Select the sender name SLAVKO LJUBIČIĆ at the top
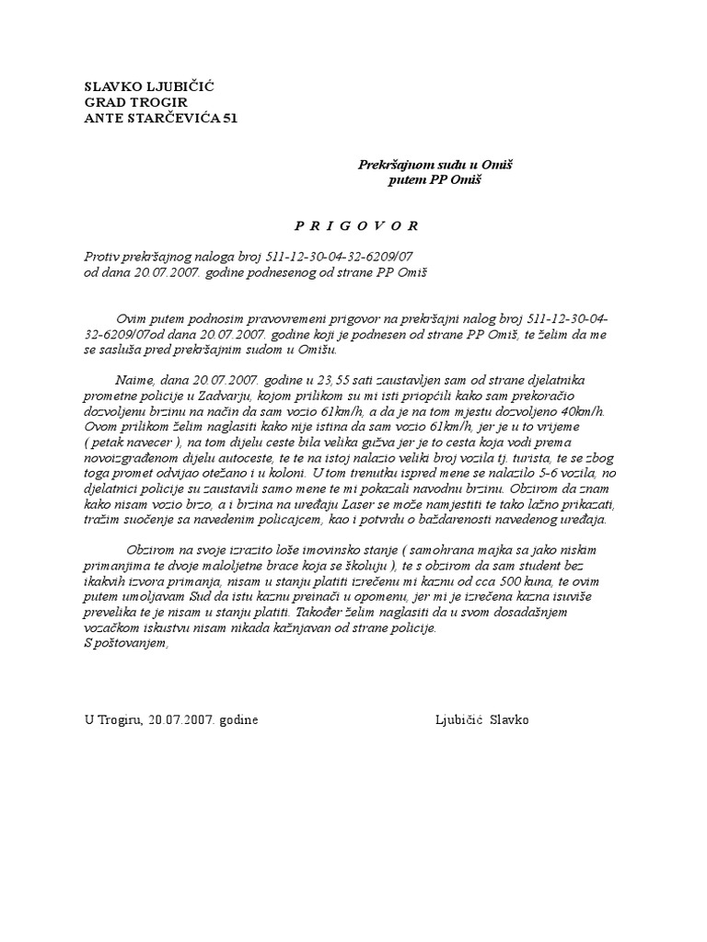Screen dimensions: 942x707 pyautogui.click(x=150, y=86)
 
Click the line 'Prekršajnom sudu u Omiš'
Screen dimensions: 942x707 pyautogui.click(x=435, y=165)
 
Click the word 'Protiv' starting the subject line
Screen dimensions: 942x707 pyautogui.click(x=100, y=258)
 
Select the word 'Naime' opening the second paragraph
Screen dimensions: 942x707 pyautogui.click(x=133, y=381)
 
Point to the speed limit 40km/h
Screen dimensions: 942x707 pyautogui.click(x=575, y=412)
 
